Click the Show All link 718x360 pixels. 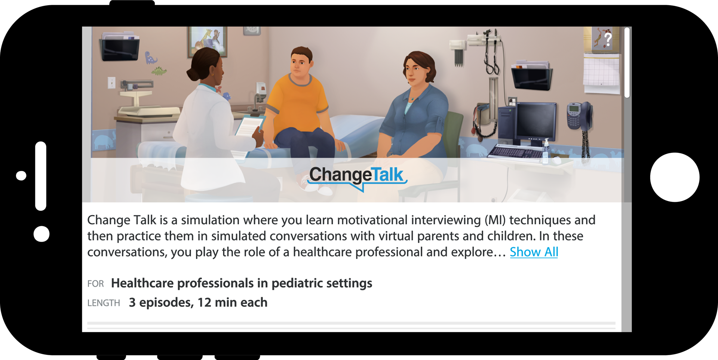pyautogui.click(x=534, y=252)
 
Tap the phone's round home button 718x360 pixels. pyautogui.click(x=675, y=177)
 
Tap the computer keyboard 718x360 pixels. pyautogui.click(x=516, y=152)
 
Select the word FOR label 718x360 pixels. pyautogui.click(x=95, y=284)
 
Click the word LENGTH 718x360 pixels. pyautogui.click(x=104, y=303)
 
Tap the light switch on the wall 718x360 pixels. pyautogui.click(x=111, y=83)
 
